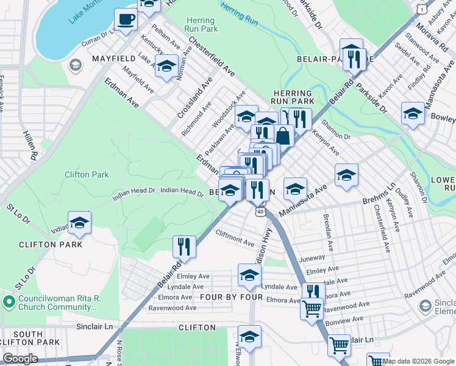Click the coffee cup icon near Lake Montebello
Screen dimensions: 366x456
click(126, 20)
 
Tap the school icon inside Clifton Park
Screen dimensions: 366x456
click(79, 224)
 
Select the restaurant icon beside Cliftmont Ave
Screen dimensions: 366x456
click(184, 247)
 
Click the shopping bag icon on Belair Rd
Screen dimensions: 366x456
click(283, 135)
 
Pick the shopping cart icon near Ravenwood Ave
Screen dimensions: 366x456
click(312, 309)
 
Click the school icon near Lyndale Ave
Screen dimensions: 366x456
click(249, 276)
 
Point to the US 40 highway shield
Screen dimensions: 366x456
click(261, 212)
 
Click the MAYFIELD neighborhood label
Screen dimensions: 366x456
click(113, 59)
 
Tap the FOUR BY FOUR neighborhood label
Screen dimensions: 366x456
click(231, 298)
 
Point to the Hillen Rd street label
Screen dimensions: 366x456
click(30, 145)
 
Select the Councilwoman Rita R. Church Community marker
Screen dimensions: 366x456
click(9, 301)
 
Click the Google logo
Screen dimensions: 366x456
click(21, 359)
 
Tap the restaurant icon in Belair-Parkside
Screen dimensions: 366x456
click(354, 59)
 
